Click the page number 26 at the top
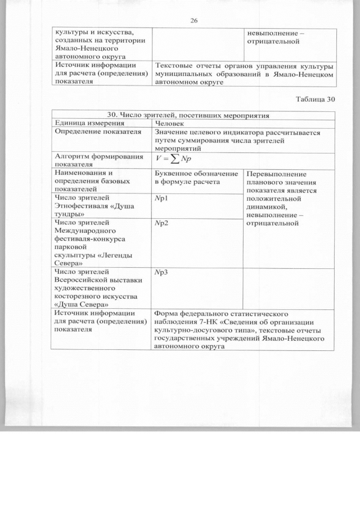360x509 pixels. coord(194,21)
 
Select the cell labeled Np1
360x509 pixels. coord(161,199)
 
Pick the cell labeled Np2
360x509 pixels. coord(161,223)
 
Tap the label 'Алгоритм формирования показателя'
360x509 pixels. coord(97,160)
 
